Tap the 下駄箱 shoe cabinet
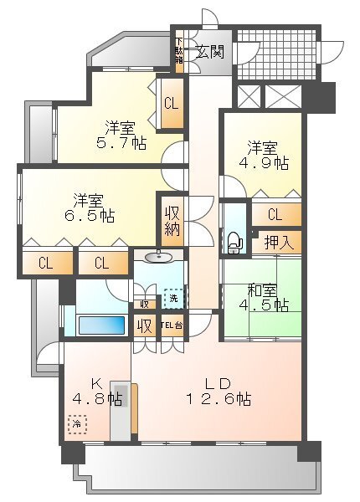coord(179,52)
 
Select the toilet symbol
coord(234,241)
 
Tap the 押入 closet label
coord(276,243)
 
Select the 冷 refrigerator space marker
coord(77,425)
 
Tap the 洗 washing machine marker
coord(172,297)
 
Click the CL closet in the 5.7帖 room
coord(172,104)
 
